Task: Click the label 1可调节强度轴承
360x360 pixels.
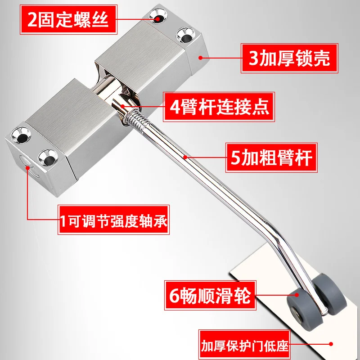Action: pyautogui.click(x=113, y=220)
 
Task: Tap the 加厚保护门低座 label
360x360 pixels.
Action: pyautogui.click(x=244, y=347)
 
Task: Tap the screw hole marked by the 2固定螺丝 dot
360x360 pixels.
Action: pyautogui.click(x=158, y=17)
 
